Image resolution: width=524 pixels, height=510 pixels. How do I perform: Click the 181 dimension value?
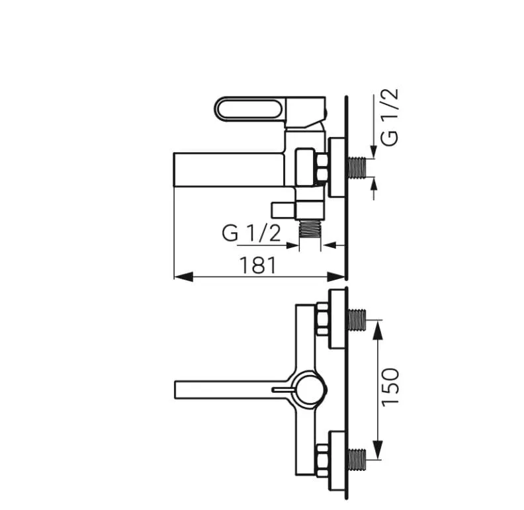257,265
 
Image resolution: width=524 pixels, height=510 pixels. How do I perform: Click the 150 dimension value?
390,387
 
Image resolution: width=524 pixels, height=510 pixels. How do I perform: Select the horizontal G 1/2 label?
251,233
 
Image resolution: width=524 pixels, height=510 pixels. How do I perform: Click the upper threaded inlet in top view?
358,320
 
